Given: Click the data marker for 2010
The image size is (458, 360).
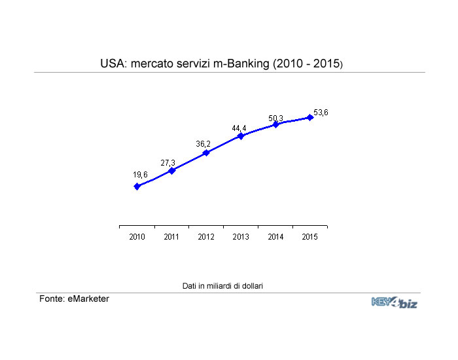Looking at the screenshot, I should (137, 186).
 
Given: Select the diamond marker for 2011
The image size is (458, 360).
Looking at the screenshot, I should (172, 170).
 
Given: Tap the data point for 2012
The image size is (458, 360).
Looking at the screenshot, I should (206, 153).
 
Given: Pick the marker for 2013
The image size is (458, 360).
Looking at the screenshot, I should (241, 135).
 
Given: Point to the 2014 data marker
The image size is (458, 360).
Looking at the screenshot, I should (275, 124).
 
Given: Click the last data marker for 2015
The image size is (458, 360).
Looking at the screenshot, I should (310, 118).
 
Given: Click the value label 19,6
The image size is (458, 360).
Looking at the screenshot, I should (140, 175).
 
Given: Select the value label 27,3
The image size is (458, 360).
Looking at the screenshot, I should (169, 162).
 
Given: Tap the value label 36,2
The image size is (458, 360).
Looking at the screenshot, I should (203, 144).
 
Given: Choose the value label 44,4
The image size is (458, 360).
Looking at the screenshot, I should (239, 128).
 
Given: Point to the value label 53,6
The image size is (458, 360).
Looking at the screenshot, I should (321, 113).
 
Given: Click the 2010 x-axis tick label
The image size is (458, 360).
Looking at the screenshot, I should (137, 238).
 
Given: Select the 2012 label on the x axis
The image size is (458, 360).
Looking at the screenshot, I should (206, 238).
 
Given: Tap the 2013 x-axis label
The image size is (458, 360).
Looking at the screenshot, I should (241, 238).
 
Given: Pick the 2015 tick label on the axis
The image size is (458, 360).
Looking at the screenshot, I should (310, 238).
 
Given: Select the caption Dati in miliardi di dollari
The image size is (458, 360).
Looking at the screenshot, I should (222, 286).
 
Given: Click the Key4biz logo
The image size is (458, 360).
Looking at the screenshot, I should (395, 302).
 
